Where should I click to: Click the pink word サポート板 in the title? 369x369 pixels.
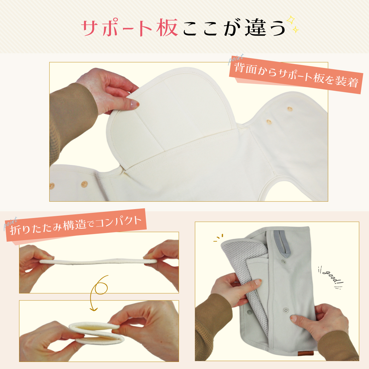(129, 28)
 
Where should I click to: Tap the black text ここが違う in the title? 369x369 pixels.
(234, 28)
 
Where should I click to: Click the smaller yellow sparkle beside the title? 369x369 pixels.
(296, 30)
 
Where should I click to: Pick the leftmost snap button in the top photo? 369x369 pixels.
(52, 185)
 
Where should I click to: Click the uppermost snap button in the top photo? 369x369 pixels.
(290, 109)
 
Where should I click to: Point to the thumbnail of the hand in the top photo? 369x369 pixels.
(135, 104)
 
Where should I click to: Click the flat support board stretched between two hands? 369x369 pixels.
(98, 261)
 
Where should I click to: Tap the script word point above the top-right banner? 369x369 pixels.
(236, 59)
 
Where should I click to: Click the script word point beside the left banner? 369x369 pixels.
(10, 223)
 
